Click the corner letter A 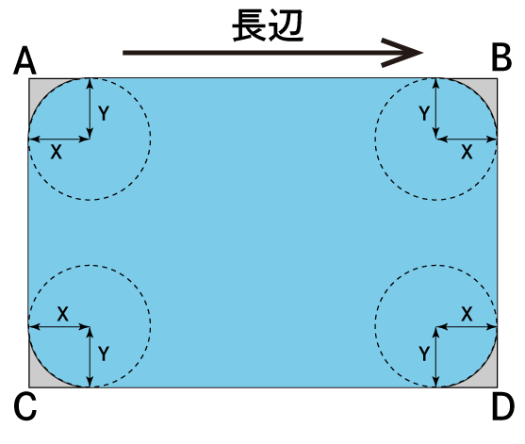(x=25, y=61)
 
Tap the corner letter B (x=501, y=58)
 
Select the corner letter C (x=25, y=406)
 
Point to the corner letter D (x=503, y=406)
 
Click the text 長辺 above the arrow (x=268, y=25)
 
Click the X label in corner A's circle (x=57, y=153)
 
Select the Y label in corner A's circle (x=104, y=113)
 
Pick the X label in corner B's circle (x=467, y=153)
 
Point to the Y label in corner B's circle (x=424, y=113)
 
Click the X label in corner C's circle (x=62, y=314)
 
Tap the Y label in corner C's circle (x=104, y=354)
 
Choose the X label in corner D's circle (x=467, y=314)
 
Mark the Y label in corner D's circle (x=424, y=354)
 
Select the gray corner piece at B (x=489, y=87)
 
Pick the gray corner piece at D (x=489, y=379)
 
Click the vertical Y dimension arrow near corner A (x=90, y=108)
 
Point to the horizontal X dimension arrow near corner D (x=467, y=326)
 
